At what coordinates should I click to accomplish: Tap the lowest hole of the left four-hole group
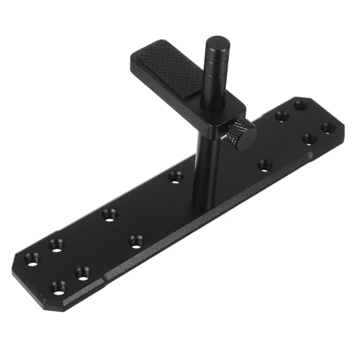click(58, 287)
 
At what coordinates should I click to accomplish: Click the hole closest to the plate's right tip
click(328, 128)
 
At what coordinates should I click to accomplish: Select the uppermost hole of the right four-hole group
click(300, 105)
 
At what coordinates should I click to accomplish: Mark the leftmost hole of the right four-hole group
click(282, 115)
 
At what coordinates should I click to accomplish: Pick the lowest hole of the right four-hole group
click(308, 139)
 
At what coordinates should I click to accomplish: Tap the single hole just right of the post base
click(264, 165)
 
